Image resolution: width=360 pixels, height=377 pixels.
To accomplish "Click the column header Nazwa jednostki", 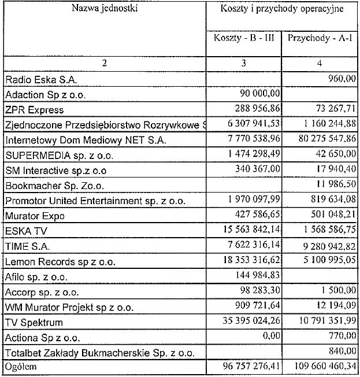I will (x=104, y=8).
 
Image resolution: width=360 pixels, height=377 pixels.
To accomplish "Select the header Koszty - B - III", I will (x=243, y=39).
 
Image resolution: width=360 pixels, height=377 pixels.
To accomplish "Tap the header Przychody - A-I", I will (x=320, y=39).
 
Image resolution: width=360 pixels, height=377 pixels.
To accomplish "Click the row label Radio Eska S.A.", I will (x=41, y=79).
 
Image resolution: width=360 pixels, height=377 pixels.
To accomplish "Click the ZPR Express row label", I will (x=34, y=110).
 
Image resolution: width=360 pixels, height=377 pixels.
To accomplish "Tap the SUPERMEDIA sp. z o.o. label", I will (x=60, y=156).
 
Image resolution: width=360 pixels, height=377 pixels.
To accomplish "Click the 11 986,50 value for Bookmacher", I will (x=333, y=184).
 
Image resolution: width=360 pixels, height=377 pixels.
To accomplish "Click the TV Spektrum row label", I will (x=34, y=322).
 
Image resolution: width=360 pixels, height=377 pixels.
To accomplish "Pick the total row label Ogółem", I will (x=20, y=367).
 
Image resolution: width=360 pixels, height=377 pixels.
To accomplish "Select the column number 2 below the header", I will (x=104, y=63).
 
